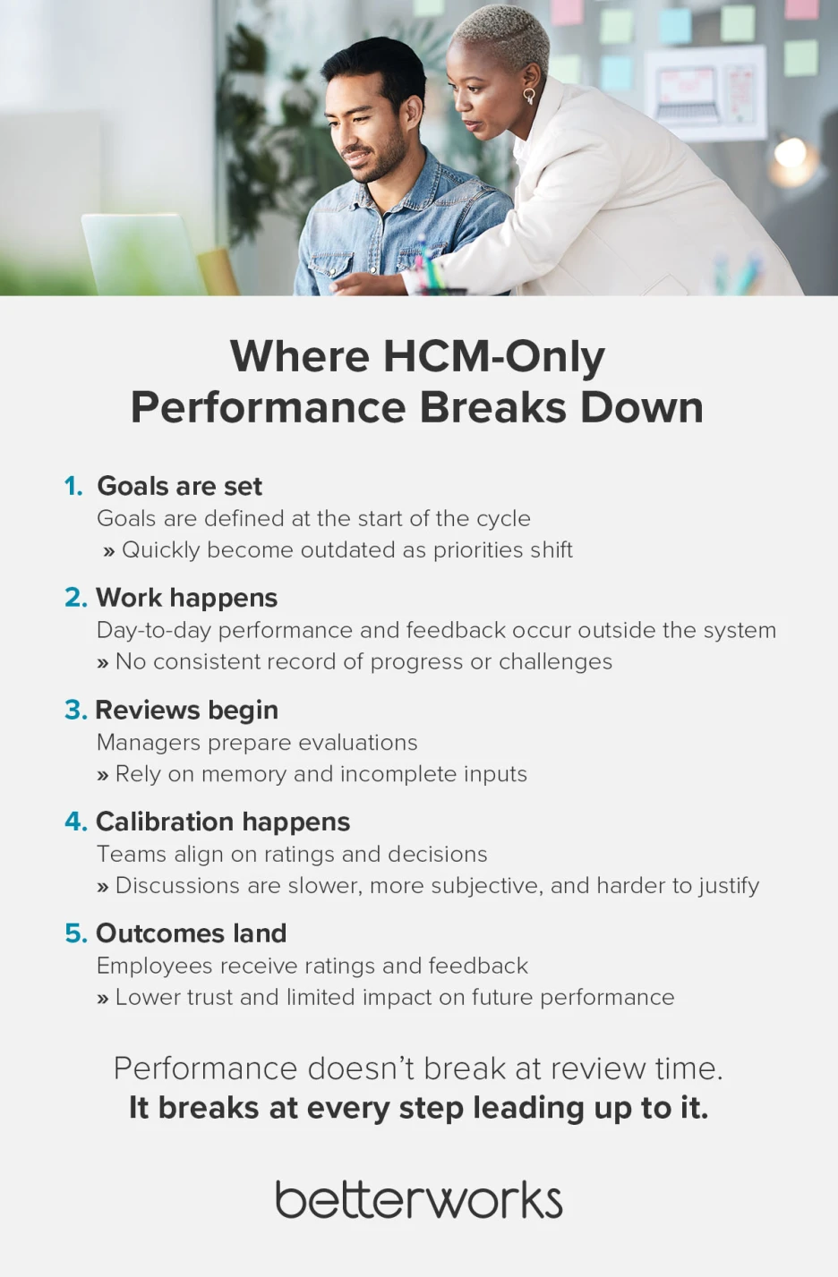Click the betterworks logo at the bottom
pyautogui.click(x=418, y=1200)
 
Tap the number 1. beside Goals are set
pyautogui.click(x=73, y=486)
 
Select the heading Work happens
pyautogui.click(x=186, y=598)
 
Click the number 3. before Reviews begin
pyautogui.click(x=75, y=710)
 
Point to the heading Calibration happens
pyautogui.click(x=223, y=822)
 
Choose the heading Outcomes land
pyautogui.click(x=191, y=933)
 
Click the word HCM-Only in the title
pyautogui.click(x=494, y=356)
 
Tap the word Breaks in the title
pyautogui.click(x=492, y=407)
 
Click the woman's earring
pyautogui.click(x=529, y=95)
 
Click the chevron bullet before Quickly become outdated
pyautogui.click(x=109, y=551)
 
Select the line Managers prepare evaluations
pyautogui.click(x=257, y=743)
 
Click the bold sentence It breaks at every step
pyautogui.click(x=418, y=1108)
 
